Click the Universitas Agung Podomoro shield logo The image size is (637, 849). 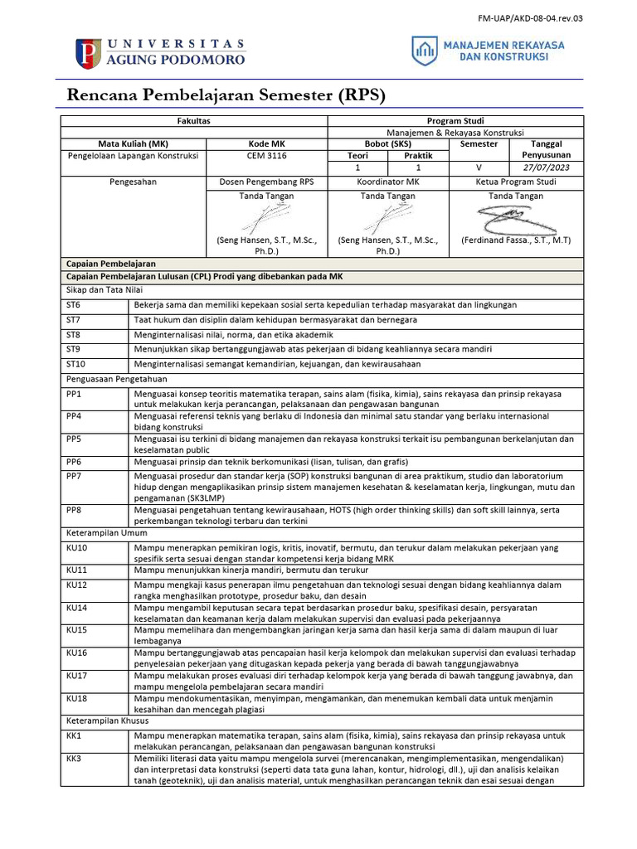pos(88,53)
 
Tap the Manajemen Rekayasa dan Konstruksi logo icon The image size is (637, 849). pos(424,51)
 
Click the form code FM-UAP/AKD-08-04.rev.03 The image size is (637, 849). pos(530,17)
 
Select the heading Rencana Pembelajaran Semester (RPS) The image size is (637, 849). pos(226,95)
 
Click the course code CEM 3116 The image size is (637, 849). pos(266,155)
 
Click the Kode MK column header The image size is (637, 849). pos(266,143)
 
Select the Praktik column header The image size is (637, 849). pos(418,155)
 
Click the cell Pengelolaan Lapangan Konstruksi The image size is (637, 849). pos(133,155)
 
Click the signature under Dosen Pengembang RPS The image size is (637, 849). pos(266,219)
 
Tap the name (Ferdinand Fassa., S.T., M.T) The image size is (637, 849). pos(516,240)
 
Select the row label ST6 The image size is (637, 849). pos(74,305)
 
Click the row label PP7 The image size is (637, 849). pos(74,477)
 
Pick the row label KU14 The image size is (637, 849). pos(76,607)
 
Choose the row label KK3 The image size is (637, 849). pos(74,758)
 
